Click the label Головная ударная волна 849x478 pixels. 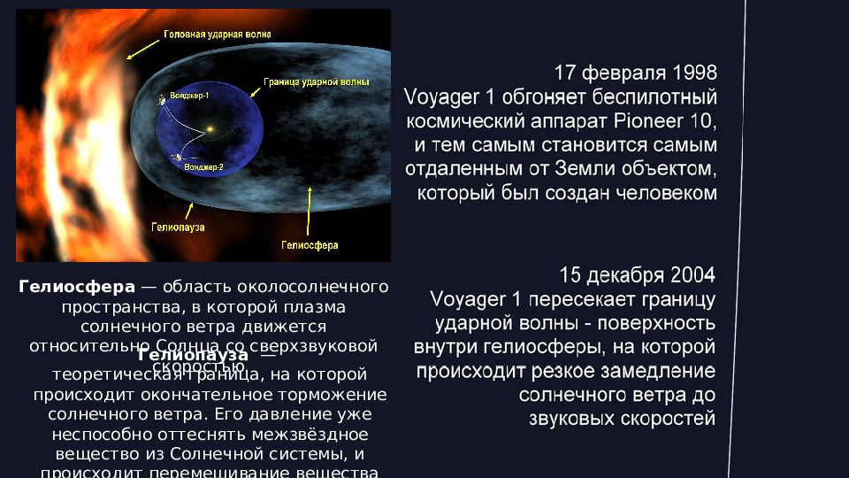[218, 34]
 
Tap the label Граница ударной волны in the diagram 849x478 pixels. [316, 81]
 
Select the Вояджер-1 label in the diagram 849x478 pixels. [189, 95]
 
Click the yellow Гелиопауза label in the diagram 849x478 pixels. [178, 227]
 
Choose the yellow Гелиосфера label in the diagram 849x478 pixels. [310, 245]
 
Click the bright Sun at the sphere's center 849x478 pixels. [210, 132]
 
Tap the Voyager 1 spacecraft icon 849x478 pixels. [163, 101]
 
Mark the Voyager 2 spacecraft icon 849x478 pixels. [177, 158]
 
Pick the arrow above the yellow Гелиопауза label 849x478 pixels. [188, 209]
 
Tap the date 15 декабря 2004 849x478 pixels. [637, 274]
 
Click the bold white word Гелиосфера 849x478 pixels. [77, 287]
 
